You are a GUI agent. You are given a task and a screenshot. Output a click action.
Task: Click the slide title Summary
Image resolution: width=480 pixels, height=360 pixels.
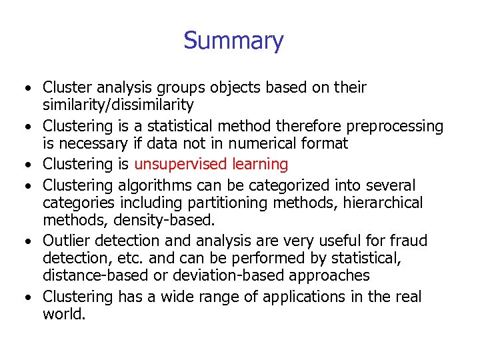(233, 41)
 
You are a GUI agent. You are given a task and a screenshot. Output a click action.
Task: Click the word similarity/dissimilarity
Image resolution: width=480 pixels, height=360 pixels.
(118, 105)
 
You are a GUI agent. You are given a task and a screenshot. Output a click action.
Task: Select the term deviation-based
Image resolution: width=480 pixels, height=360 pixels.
(218, 275)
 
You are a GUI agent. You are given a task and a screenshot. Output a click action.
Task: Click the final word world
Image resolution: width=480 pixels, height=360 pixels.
(63, 313)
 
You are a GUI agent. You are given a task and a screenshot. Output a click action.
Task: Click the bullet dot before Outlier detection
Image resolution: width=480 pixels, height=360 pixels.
(31, 241)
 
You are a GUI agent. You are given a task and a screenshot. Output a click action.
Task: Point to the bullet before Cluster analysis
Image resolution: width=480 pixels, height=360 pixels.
(31, 89)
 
